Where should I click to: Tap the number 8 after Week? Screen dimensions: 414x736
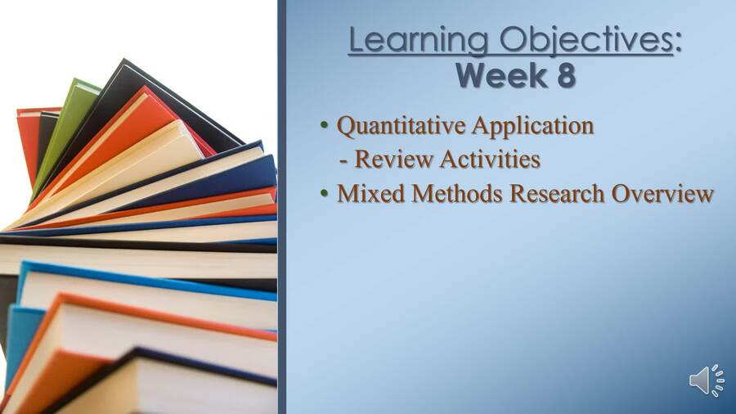point(563,75)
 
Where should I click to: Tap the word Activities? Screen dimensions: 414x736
point(490,160)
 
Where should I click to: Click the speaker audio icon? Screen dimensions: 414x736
point(706,381)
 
